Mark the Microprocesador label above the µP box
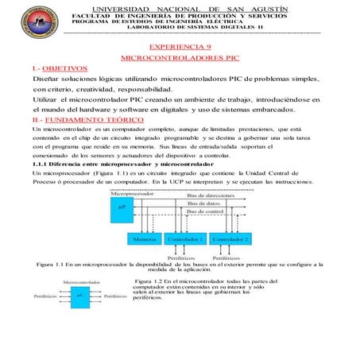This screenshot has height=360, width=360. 131,194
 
